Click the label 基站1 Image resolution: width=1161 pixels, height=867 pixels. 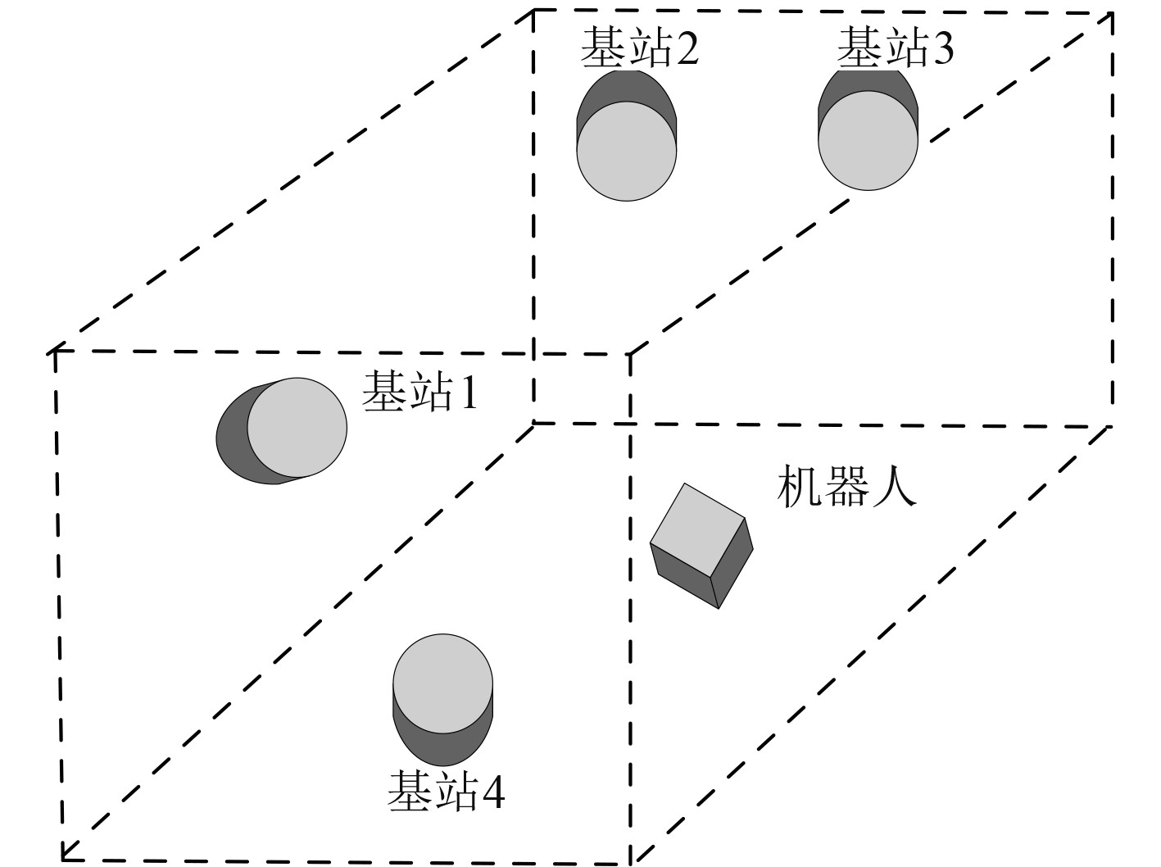(x=420, y=392)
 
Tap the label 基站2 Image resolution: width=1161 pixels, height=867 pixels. (x=639, y=48)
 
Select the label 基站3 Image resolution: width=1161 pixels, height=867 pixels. (x=895, y=48)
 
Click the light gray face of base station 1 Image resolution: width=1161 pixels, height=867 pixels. (x=297, y=428)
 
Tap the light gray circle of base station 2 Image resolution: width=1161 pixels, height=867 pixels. (x=627, y=152)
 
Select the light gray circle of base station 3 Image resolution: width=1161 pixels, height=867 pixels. (x=868, y=140)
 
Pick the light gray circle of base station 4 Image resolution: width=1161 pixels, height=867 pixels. (x=443, y=683)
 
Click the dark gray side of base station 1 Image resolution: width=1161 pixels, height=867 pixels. (x=231, y=435)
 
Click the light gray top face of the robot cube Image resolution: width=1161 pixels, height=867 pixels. (x=696, y=529)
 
